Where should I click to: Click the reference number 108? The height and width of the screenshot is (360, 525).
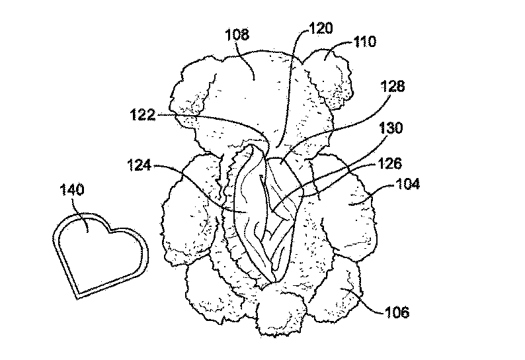pos(237,34)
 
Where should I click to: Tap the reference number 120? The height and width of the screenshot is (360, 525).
pos(321,28)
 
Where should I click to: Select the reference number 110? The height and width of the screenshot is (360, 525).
pos(364,42)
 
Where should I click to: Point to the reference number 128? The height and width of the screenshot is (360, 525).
pos(393,86)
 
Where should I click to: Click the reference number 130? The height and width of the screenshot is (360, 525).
pos(391,128)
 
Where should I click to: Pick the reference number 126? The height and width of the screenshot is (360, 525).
pos(389,163)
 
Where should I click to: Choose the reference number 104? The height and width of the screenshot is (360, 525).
pos(407,184)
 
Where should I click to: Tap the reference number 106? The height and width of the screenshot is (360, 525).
pos(397,312)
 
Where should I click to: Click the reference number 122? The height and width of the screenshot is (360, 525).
pos(143,115)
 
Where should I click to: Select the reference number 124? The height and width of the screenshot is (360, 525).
pos(140,165)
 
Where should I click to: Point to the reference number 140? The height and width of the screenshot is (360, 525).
pos(71,190)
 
